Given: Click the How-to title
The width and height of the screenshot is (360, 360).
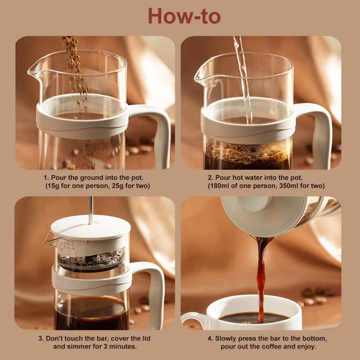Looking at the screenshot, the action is tap(184, 16).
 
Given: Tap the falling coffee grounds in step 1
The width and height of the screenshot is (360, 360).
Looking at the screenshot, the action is tap(76, 69).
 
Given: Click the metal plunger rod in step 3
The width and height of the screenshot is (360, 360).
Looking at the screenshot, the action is tap(91, 210).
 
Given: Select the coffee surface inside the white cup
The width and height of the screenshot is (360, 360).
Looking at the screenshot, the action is tap(254, 318).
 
